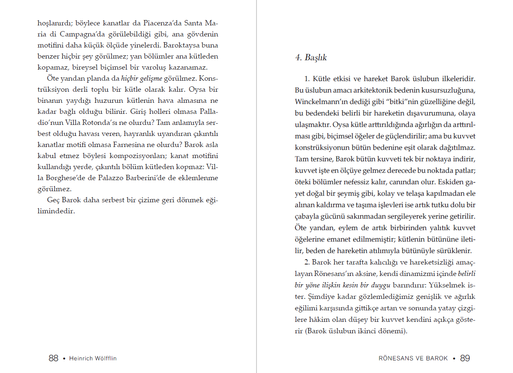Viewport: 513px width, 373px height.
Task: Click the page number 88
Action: [53, 358]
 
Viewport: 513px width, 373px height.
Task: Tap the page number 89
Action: [465, 358]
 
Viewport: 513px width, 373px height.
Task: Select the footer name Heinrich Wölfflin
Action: [93, 359]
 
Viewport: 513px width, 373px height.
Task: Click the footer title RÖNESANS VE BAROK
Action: [413, 359]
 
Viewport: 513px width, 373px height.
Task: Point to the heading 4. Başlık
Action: [311, 58]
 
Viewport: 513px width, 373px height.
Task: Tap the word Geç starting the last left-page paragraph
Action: [54, 200]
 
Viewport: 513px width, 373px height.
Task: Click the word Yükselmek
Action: [447, 285]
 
